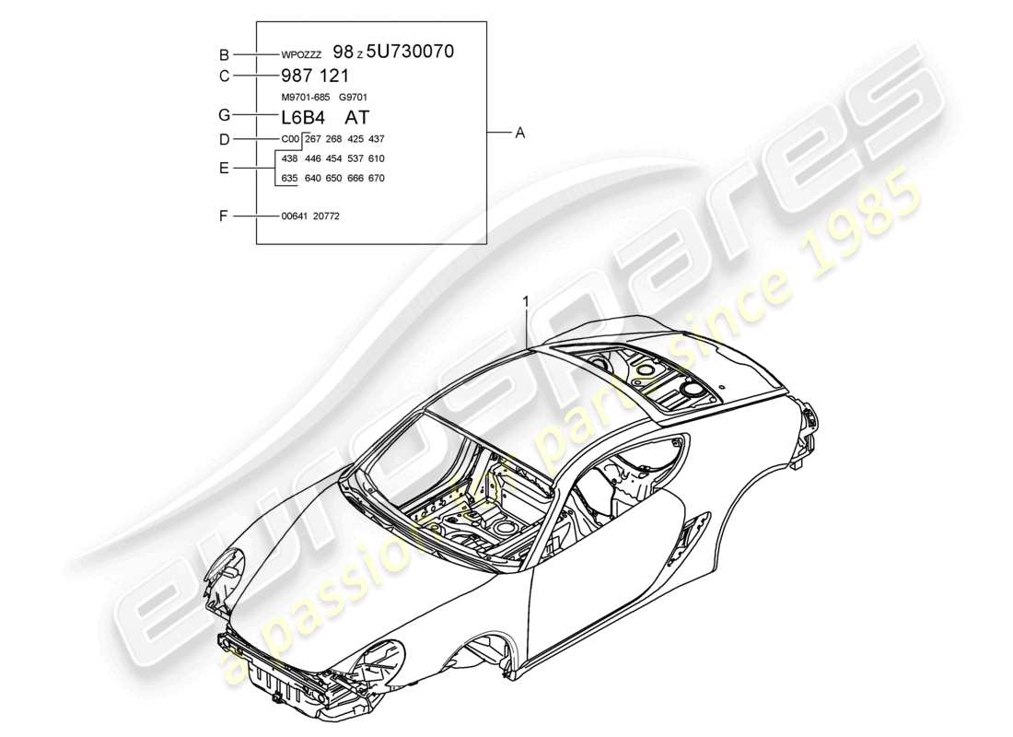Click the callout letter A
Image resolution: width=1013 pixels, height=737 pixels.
519,134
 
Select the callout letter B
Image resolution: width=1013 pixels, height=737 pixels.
223,54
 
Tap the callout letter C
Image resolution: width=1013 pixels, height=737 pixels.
223,76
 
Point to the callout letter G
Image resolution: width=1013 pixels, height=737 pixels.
223,116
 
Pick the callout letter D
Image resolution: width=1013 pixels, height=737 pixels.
223,139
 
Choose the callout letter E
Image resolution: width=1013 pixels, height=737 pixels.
223,169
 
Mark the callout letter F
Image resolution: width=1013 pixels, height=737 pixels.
223,216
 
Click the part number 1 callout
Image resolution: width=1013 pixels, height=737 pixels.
526,300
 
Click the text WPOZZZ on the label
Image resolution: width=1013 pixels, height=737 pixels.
301,55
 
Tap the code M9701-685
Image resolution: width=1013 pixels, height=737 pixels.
305,97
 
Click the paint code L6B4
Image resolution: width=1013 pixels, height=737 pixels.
303,117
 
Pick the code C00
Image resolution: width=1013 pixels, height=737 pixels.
290,139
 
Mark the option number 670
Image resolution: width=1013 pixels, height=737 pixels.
376,179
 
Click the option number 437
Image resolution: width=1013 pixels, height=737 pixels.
376,139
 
